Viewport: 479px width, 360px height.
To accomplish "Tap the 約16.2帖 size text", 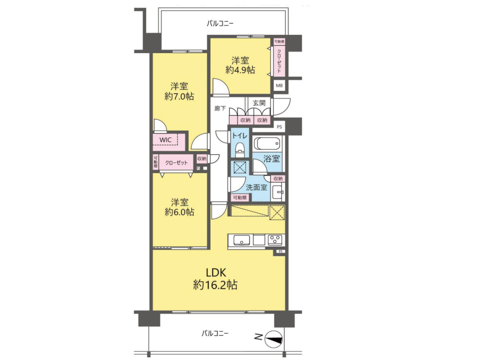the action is (216, 285).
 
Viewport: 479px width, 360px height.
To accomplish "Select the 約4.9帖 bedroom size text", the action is (240, 70).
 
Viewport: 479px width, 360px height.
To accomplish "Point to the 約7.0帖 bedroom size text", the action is (179, 97).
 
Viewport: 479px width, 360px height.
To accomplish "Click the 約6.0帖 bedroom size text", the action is (179, 212).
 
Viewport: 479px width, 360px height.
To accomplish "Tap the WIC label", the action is (165, 140).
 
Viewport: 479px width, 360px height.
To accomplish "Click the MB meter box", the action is (279, 85).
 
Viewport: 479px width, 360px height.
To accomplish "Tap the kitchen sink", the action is (242, 240).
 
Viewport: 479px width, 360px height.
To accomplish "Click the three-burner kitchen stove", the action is (276, 239).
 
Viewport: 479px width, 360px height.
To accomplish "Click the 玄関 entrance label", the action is (259, 103).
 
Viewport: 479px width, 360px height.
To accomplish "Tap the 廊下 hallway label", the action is (220, 108).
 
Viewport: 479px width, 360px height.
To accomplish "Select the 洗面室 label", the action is (256, 187).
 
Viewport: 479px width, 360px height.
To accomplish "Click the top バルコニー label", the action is (220, 23).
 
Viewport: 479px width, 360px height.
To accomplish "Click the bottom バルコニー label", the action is (215, 333).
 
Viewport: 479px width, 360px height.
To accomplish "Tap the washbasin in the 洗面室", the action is (277, 192).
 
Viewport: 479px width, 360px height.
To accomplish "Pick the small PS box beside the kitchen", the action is (281, 251).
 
